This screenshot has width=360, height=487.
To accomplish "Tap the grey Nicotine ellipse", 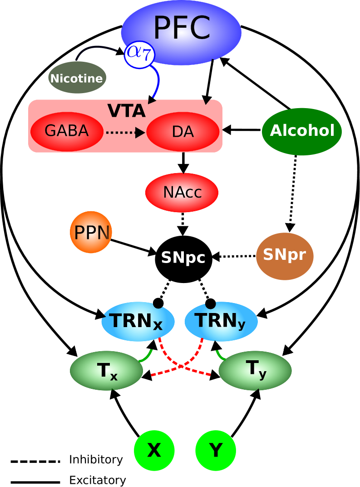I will point(77,78).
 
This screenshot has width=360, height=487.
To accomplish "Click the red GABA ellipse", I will point(67,131).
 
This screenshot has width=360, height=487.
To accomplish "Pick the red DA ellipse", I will point(183,131).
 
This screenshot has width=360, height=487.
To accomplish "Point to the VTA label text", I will point(126,111).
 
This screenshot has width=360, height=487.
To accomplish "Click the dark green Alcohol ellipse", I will point(302,131).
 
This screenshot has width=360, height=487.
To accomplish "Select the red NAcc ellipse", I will point(182,192).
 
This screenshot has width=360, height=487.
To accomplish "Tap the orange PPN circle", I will point(91,232).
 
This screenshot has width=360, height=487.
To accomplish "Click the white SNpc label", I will point(183,258).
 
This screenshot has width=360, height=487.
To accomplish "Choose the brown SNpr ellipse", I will point(285,256).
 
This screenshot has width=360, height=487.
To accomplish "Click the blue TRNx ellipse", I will point(138,322).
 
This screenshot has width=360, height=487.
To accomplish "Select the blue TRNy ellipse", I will point(221,322).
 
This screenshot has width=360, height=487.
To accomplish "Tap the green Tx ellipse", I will point(106,371).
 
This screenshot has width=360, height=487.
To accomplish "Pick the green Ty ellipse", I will point(255,370).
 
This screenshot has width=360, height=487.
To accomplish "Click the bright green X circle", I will point(154,450).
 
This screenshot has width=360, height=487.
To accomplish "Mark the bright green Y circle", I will point(216,450).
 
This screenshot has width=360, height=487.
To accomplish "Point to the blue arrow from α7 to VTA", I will point(158,82).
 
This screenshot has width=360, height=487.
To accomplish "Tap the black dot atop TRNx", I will point(158,303).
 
